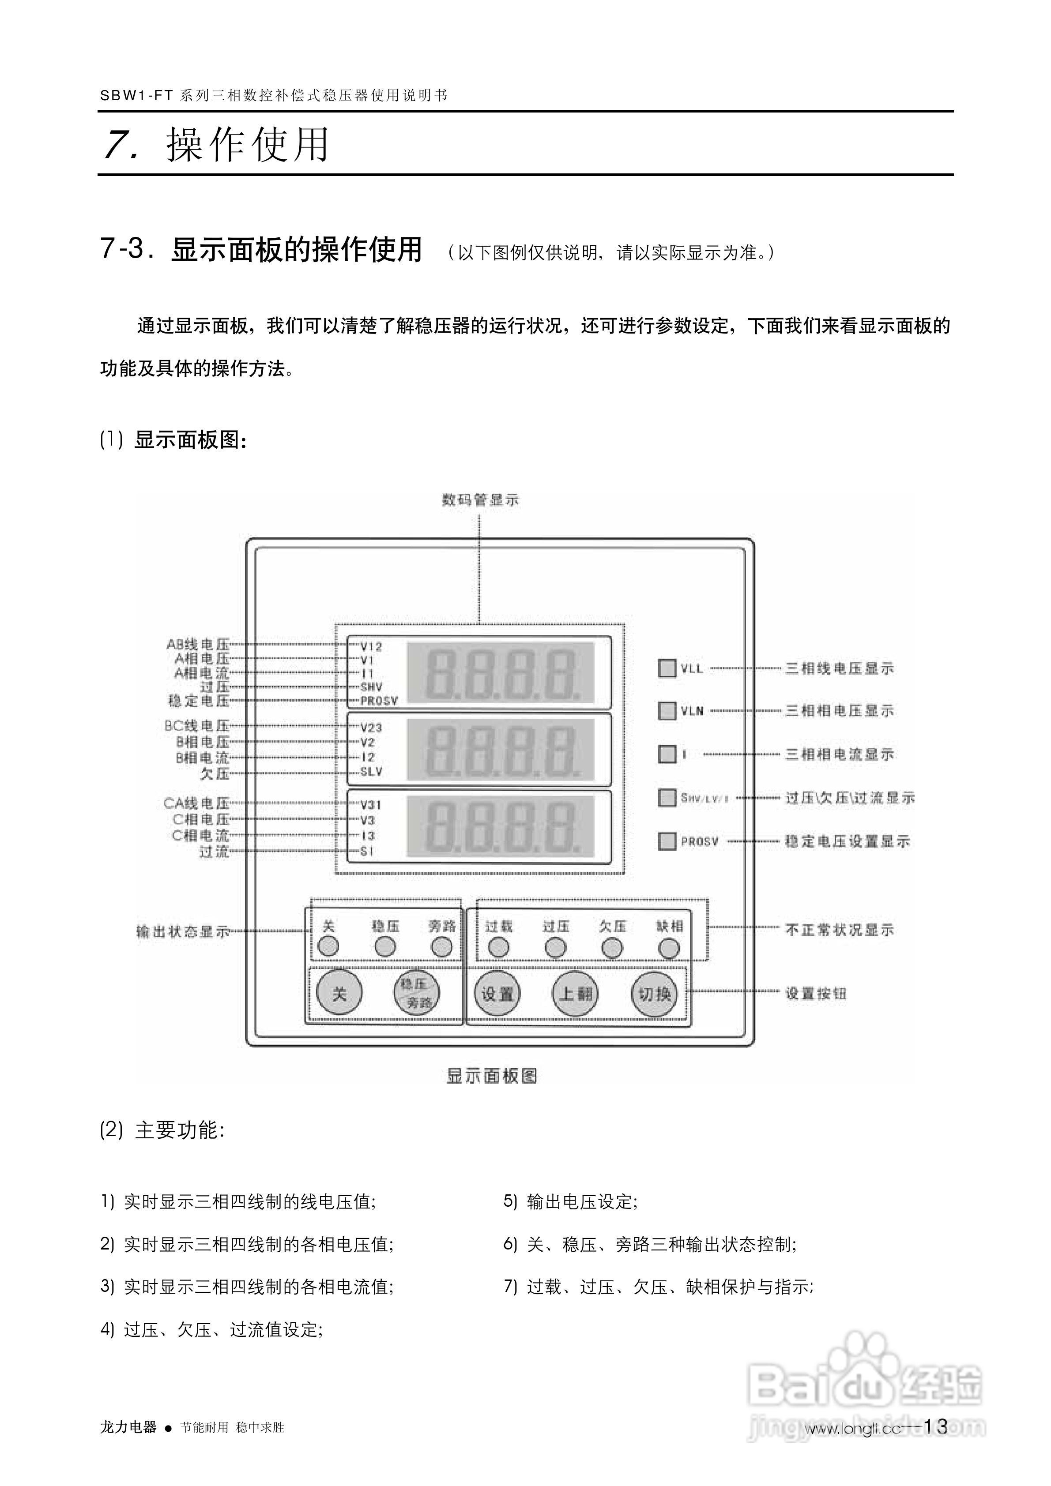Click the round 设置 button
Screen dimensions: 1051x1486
[x=497, y=994]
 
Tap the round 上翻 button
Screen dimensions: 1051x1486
[x=576, y=994]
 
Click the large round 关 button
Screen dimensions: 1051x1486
[x=339, y=993]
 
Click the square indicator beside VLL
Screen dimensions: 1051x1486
[x=667, y=668]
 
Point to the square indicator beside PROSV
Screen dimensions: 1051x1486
[x=667, y=841]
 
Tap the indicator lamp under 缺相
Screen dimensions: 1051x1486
[x=669, y=948]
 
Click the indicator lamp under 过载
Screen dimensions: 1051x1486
[x=498, y=948]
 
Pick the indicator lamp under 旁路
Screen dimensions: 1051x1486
[x=442, y=947]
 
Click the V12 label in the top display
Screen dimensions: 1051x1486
[x=371, y=646]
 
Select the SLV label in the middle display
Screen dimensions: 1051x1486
[x=371, y=772]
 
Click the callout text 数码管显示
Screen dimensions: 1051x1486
[x=481, y=499]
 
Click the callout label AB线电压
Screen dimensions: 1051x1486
[x=198, y=645]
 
